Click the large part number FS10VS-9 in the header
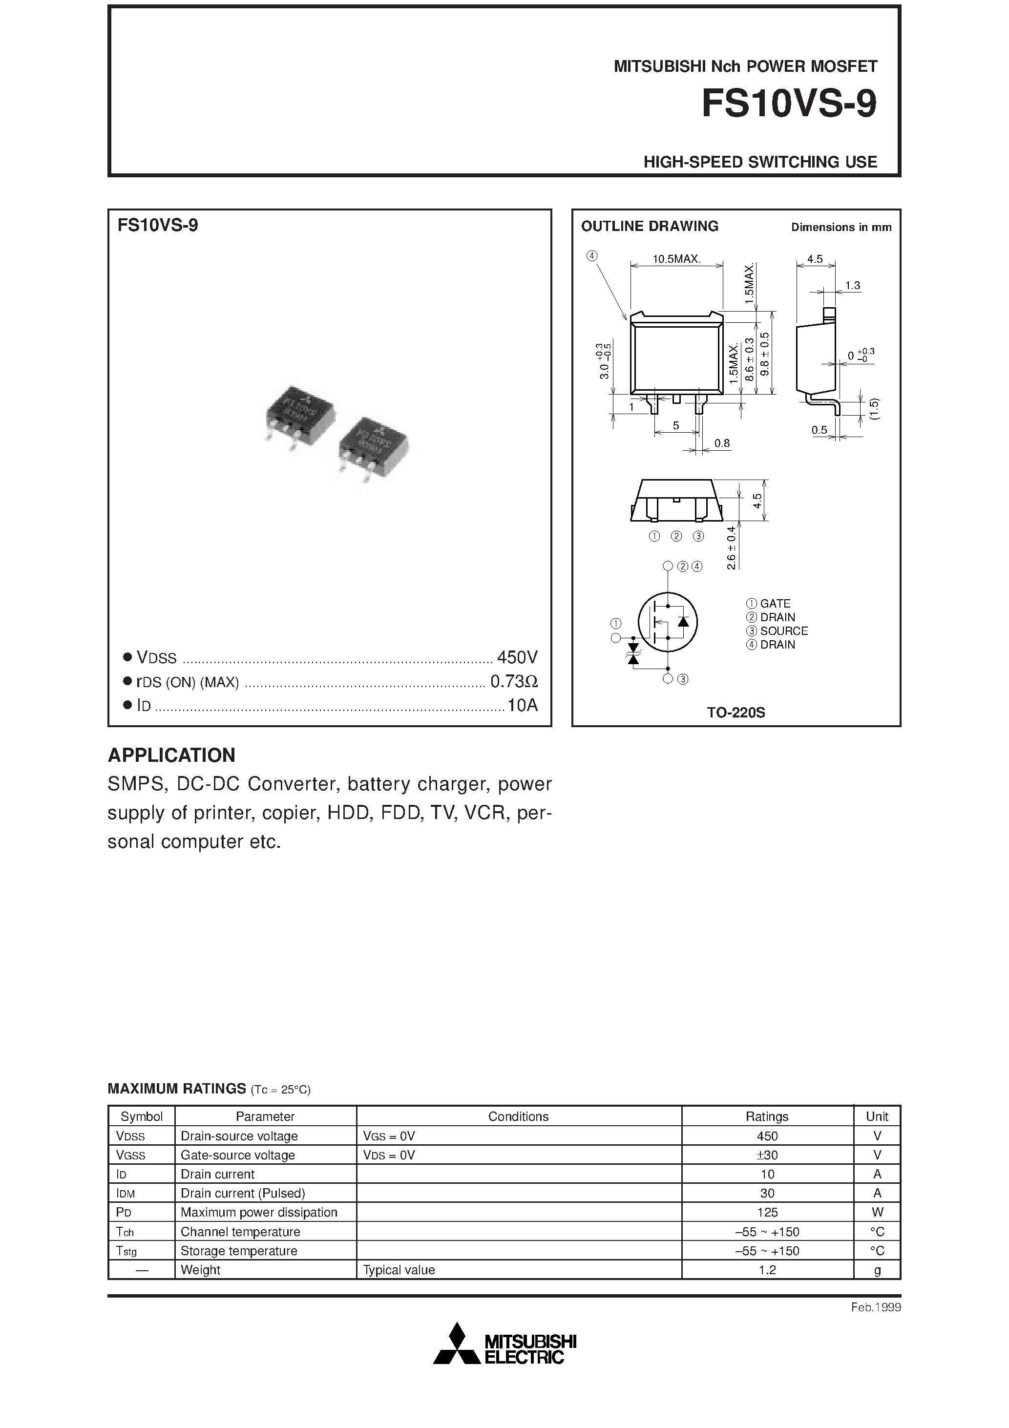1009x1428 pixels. tap(789, 104)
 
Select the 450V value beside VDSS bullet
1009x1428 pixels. tap(517, 657)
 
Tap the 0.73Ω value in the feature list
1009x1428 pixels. tap(514, 682)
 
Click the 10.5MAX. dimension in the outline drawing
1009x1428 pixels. tap(676, 259)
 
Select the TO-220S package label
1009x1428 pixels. tap(736, 713)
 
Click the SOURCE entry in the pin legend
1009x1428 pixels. tap(783, 630)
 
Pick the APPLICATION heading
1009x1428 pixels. tap(172, 755)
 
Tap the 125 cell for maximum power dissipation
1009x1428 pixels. tap(767, 1212)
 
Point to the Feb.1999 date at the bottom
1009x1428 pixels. tap(875, 1307)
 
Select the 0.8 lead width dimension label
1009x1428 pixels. tap(722, 443)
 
